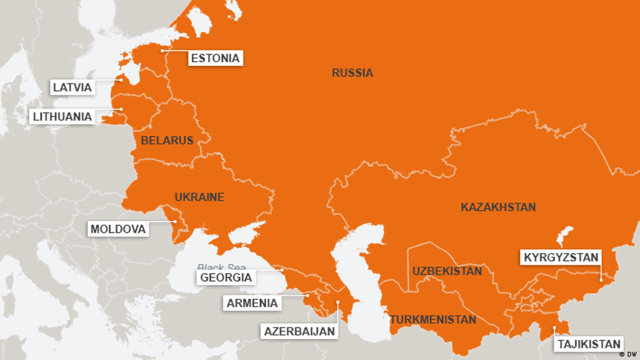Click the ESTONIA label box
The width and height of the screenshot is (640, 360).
(x=215, y=58)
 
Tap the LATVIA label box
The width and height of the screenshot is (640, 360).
(x=71, y=87)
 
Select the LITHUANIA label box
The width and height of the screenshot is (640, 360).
(x=62, y=116)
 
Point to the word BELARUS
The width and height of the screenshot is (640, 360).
(x=167, y=140)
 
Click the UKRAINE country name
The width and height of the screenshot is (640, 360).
(x=199, y=197)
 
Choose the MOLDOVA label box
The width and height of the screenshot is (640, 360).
(x=118, y=229)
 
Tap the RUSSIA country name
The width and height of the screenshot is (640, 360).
(x=352, y=73)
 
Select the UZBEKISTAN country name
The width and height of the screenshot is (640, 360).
(x=447, y=271)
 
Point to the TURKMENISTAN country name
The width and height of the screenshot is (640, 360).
(x=432, y=319)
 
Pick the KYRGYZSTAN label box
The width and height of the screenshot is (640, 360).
(x=560, y=257)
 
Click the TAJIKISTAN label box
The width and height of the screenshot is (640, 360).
(x=589, y=344)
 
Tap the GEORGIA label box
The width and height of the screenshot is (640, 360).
(x=226, y=277)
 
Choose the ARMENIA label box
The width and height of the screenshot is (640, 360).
(x=253, y=303)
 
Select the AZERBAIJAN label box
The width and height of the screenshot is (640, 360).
(x=300, y=331)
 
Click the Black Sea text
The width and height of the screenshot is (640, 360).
(x=214, y=267)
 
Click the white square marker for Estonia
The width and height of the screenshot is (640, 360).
(x=162, y=50)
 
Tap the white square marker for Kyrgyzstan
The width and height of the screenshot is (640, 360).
(x=601, y=279)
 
